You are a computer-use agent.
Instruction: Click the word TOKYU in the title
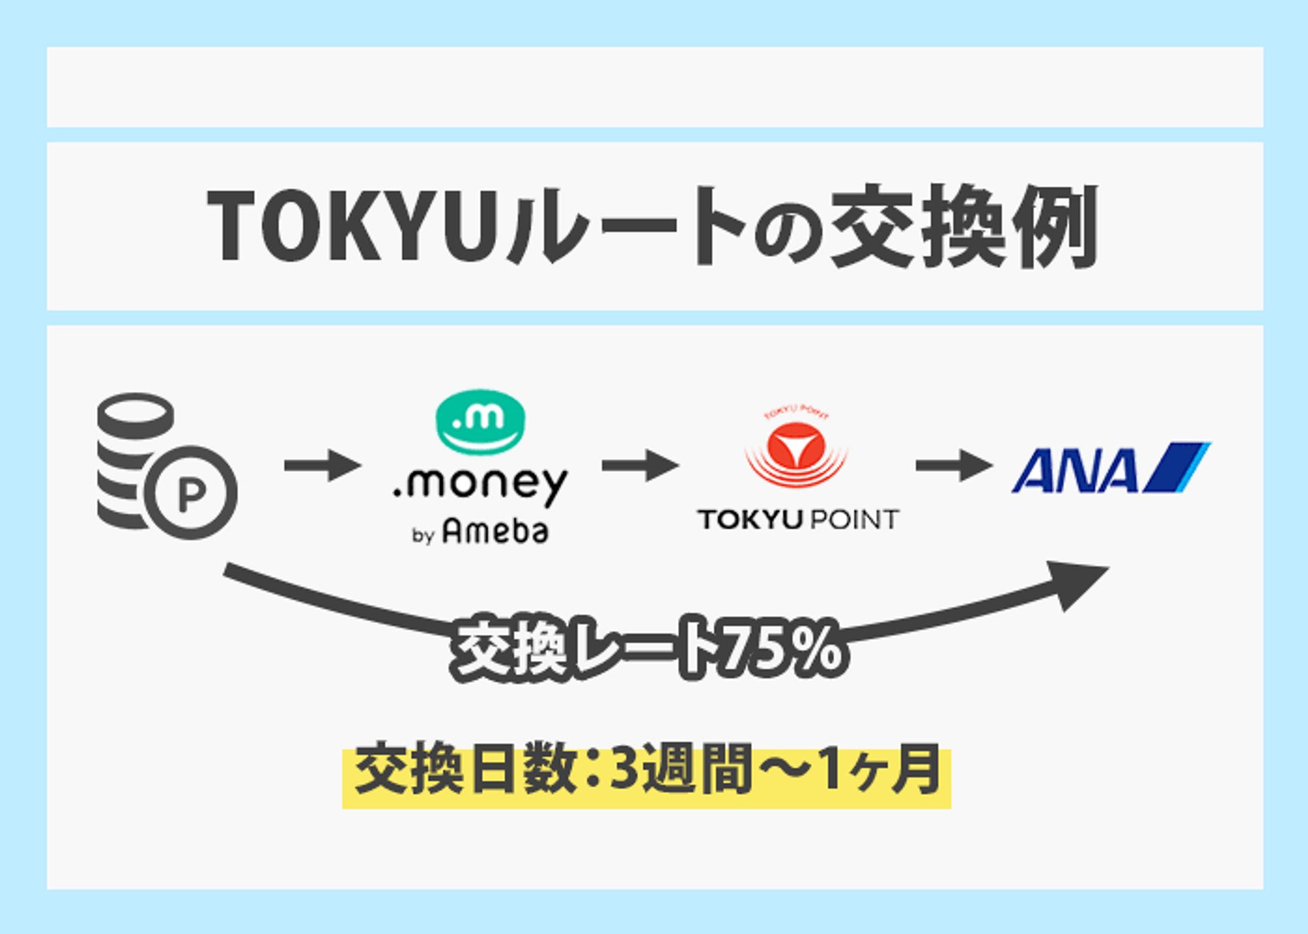tap(353, 226)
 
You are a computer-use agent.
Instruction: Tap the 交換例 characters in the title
tap(964, 226)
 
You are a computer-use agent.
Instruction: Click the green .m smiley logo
tap(480, 421)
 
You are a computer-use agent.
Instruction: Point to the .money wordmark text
tap(480, 484)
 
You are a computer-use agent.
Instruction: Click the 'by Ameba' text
tap(480, 532)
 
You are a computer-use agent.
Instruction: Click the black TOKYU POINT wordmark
tap(798, 520)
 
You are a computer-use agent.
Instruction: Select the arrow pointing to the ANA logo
tap(953, 465)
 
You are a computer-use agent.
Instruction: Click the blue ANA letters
tap(1075, 471)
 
